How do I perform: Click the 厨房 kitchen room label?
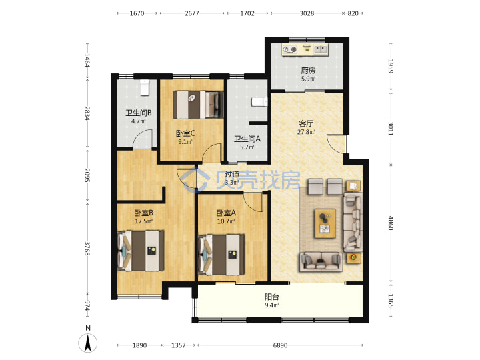(x=308, y=71)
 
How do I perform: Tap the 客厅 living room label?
(x=306, y=124)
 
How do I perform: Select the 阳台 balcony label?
(x=272, y=297)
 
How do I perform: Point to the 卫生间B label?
(x=139, y=113)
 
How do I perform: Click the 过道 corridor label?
(x=232, y=175)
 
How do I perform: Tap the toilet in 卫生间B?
(x=144, y=87)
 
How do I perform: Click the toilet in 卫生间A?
(x=259, y=102)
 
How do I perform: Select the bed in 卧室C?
(x=198, y=105)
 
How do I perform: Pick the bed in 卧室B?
(x=141, y=251)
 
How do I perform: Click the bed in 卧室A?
(x=221, y=255)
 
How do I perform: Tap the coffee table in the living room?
(x=325, y=223)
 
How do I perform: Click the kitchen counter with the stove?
(x=305, y=50)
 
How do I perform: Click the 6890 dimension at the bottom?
(x=280, y=345)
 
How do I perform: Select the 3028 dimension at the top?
(x=307, y=13)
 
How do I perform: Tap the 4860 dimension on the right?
(x=391, y=223)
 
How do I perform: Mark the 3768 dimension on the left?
(x=87, y=249)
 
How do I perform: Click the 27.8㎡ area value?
(x=306, y=132)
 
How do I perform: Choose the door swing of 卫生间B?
(x=143, y=139)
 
